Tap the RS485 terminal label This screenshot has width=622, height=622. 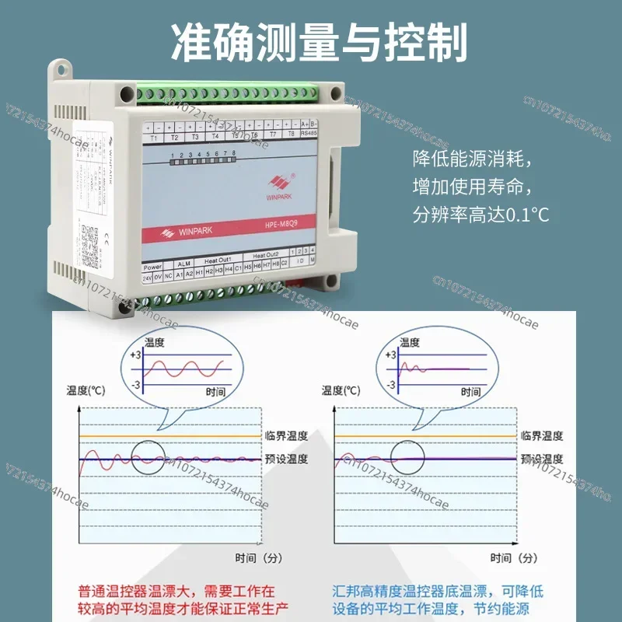pyautogui.click(x=309, y=132)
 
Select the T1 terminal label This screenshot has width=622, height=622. pyautogui.click(x=154, y=137)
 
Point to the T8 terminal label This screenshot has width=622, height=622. pyautogui.click(x=291, y=133)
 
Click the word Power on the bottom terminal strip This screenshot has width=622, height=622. pyautogui.click(x=152, y=267)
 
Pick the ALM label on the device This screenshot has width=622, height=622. pyautogui.click(x=183, y=264)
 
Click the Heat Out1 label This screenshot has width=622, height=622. pyautogui.click(x=218, y=260)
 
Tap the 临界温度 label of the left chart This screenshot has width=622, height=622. pyautogui.click(x=286, y=436)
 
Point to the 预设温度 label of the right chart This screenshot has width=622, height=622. pyautogui.click(x=541, y=459)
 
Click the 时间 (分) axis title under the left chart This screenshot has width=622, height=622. pyautogui.click(x=257, y=557)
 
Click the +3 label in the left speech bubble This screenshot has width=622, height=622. pyautogui.click(x=135, y=355)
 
